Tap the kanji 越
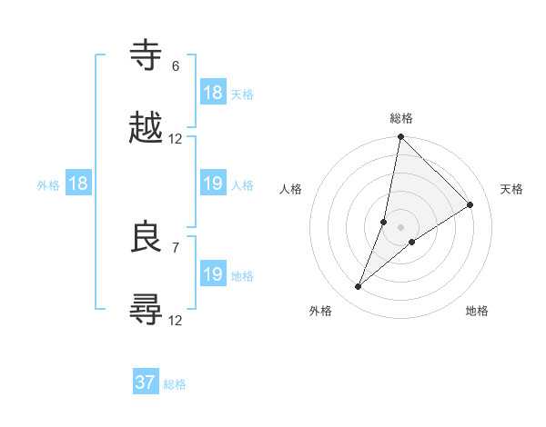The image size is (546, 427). pos(147,127)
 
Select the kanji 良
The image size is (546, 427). pos(147,237)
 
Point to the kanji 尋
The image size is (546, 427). pos(147,309)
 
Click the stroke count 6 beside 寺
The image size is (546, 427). pos(176,66)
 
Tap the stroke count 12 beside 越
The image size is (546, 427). pos(176,139)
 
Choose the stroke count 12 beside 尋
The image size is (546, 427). pos(176,320)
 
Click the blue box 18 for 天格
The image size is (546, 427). pos(213,93)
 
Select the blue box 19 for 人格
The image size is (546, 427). pos(213,184)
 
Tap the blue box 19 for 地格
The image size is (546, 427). pos(213,274)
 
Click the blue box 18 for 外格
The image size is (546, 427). pos(78,184)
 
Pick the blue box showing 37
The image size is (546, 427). pos(146,382)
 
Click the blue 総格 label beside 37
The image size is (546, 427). pos(175,384)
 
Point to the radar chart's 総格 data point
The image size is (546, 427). pos(400,137)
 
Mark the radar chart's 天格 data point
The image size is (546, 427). pos(470,204)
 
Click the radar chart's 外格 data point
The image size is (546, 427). pos(359,287)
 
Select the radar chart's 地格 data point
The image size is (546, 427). pos(412,241)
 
